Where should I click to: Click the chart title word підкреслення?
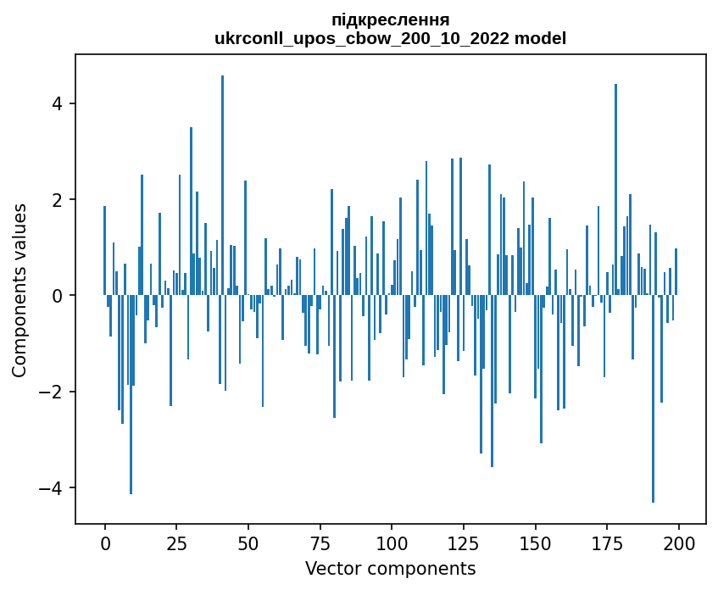click(390, 19)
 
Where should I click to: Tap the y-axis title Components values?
click(19, 290)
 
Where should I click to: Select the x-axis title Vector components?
click(390, 568)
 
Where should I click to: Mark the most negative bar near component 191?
click(653, 398)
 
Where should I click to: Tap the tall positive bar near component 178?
click(615, 190)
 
